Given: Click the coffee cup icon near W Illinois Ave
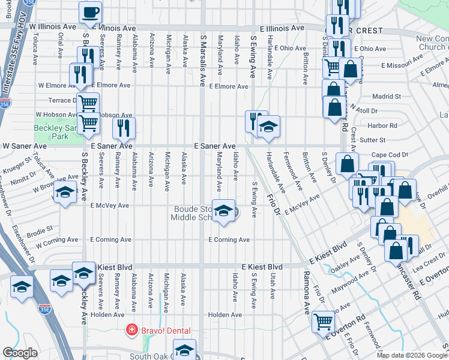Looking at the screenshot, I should pos(90,12).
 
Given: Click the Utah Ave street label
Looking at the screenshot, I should pos(272,286).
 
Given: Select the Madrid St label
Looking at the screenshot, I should pos(386,96).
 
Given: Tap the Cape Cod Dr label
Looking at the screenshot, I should pos(394,154).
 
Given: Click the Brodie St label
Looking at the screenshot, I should pos(40,229).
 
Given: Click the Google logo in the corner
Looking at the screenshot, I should pos(20,353).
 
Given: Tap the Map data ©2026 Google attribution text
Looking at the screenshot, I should pos(411,355).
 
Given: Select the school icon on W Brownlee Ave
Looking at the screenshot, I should pos(64,193).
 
